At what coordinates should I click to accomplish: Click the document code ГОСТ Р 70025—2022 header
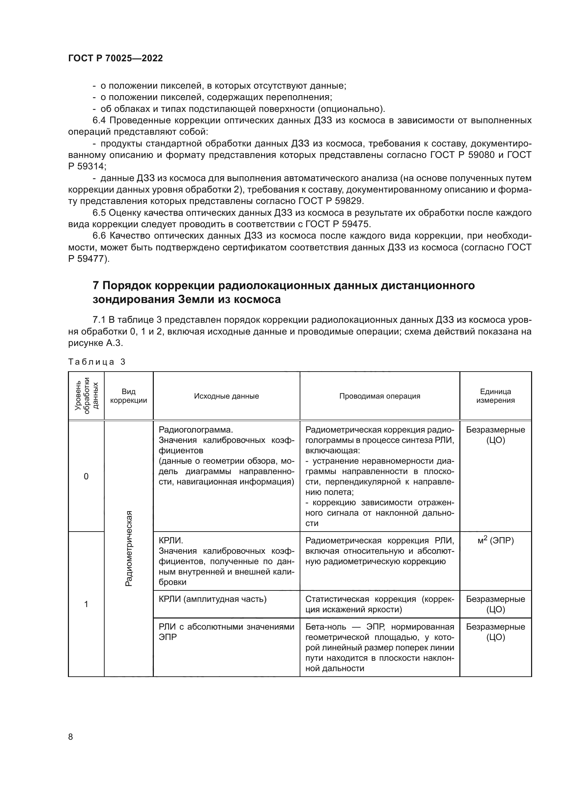115,59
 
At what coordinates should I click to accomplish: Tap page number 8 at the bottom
71,737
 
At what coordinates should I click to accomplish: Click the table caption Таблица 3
97,362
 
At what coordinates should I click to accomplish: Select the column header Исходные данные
226,396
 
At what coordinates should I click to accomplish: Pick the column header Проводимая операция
380,396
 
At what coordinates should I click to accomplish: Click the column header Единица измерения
495,396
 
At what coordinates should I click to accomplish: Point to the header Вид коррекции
129,396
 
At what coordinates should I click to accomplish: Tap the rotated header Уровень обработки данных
87,395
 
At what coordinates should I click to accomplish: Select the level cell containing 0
86,477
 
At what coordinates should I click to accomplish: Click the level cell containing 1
86,604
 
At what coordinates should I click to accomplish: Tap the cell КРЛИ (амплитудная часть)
212,599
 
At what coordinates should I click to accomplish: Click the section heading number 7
96,285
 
